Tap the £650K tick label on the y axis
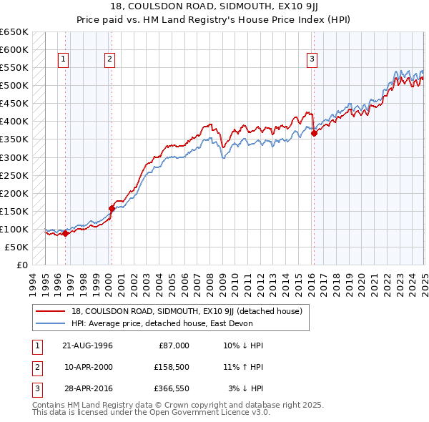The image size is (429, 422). [14, 32]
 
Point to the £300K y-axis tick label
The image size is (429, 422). [14, 157]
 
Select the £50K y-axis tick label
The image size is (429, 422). [17, 247]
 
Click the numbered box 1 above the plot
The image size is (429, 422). [64, 60]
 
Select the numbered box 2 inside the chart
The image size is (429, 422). [110, 60]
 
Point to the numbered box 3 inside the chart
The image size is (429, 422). [312, 60]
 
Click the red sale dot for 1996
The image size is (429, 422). [66, 233]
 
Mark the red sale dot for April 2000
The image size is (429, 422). [112, 208]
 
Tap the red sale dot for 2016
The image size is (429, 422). [314, 133]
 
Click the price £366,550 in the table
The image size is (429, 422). [169, 388]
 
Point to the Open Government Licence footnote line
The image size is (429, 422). [151, 413]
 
